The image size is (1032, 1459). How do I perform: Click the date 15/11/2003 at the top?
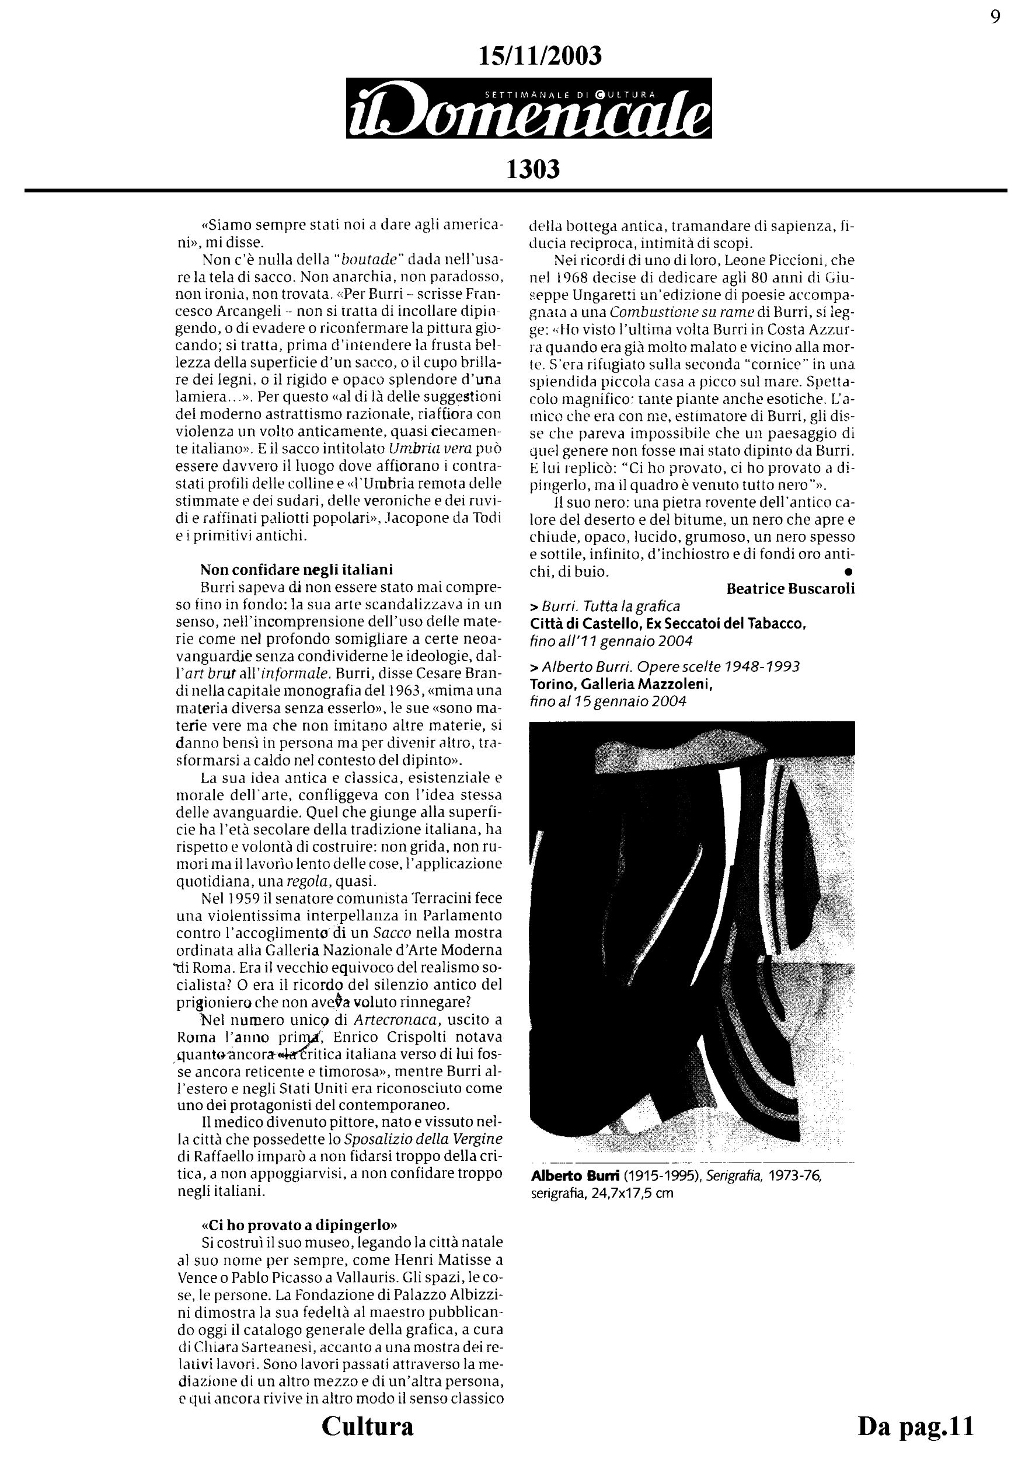point(539,57)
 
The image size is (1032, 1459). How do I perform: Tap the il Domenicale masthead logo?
point(529,108)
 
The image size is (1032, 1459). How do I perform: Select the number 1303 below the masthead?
point(532,169)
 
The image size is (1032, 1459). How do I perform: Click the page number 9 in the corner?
point(995,17)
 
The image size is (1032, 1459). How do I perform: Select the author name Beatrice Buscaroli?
point(790,588)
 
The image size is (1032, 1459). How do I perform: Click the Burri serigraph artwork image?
point(692,937)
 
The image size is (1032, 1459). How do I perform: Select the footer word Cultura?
point(367,1439)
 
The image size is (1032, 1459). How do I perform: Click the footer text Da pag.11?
point(916,1439)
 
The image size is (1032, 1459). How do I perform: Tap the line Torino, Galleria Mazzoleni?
point(622,685)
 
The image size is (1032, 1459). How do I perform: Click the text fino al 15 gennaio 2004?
point(608,701)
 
